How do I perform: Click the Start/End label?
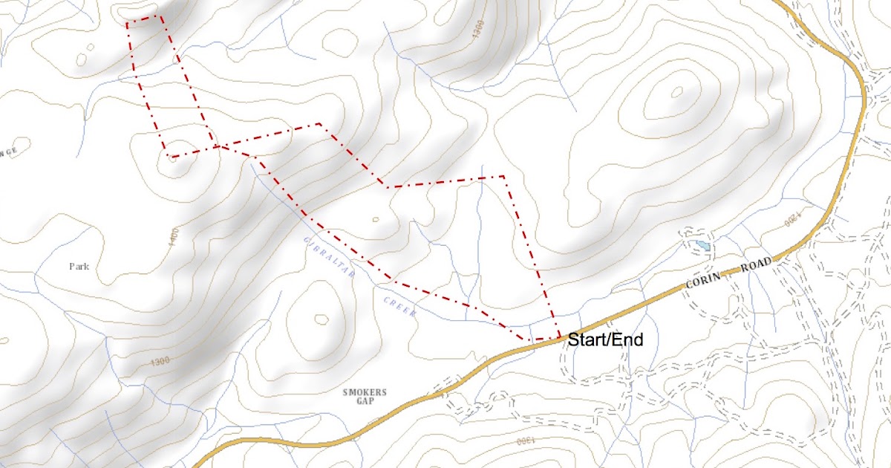point(605,340)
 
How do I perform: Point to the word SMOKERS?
point(365,391)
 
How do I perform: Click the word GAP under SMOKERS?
point(365,401)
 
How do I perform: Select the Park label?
point(79,266)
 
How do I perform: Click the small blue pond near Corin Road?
point(702,245)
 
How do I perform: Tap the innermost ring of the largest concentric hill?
point(676,93)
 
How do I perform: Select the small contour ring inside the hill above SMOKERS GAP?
point(321,319)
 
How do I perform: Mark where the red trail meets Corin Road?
point(558,338)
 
